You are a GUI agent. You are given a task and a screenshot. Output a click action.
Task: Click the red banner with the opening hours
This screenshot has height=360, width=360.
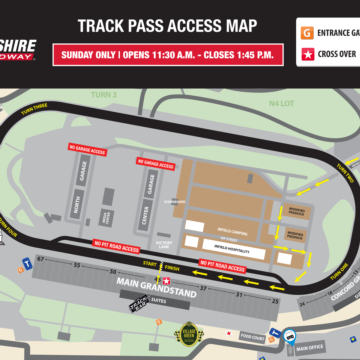[180, 55]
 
